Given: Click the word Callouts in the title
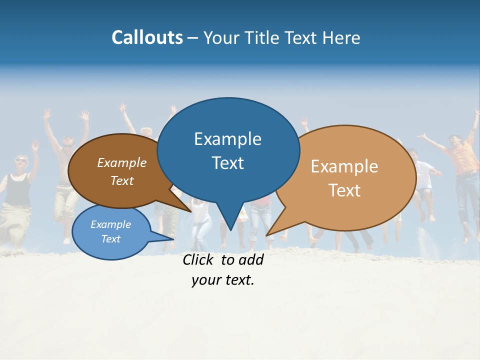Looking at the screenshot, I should [147, 37].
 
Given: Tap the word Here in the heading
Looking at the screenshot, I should [341, 37].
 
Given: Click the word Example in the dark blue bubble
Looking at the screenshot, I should [227, 139].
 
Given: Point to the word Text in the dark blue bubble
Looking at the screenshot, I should [227, 163].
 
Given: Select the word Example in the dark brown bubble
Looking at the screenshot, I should [121, 163].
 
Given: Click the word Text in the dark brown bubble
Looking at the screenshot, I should [121, 181].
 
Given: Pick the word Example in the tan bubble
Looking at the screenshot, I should [344, 166].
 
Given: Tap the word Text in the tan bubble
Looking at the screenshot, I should [344, 190].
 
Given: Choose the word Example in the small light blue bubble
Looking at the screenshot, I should [110, 224].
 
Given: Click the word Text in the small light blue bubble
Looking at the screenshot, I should [110, 239].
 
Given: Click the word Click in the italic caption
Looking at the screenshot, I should [199, 259].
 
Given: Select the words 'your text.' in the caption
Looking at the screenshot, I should [223, 280].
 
